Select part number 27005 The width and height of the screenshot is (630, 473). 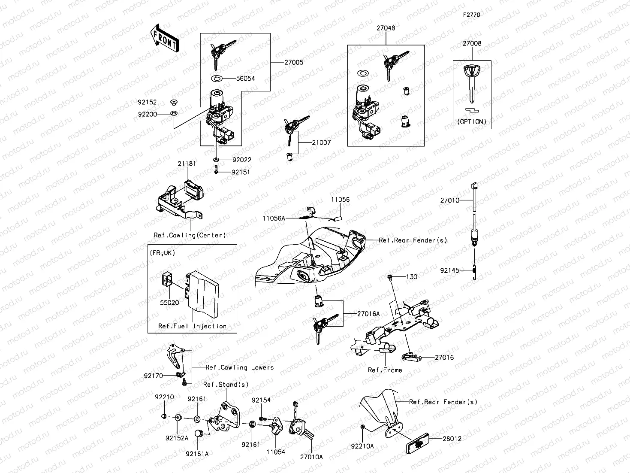294,62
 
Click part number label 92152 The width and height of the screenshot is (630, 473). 148,103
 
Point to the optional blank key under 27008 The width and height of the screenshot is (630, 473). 472,83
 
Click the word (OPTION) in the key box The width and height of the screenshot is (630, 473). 472,121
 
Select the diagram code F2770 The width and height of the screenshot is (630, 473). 471,15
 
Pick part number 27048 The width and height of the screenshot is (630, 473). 386,28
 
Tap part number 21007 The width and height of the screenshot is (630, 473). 321,143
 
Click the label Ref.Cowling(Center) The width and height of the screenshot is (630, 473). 190,235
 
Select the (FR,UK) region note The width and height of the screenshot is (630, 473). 163,253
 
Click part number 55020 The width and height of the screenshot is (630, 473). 169,303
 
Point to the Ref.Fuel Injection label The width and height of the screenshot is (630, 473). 192,326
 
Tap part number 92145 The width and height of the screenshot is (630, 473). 450,270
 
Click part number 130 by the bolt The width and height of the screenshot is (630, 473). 411,277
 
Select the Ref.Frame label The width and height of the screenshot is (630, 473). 385,370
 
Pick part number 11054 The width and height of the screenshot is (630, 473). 275,452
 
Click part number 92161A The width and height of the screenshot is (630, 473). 197,454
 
